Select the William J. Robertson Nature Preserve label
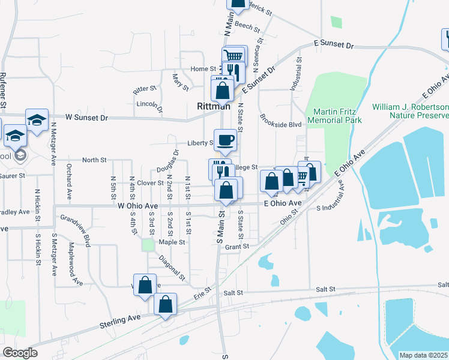point(410,110)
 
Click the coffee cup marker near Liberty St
point(225,140)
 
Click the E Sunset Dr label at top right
point(335,46)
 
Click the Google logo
point(20,353)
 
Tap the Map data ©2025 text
point(424,355)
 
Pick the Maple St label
point(171,242)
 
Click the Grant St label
point(237,247)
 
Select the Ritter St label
point(145,89)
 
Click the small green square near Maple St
point(148,245)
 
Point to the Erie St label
point(203,293)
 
